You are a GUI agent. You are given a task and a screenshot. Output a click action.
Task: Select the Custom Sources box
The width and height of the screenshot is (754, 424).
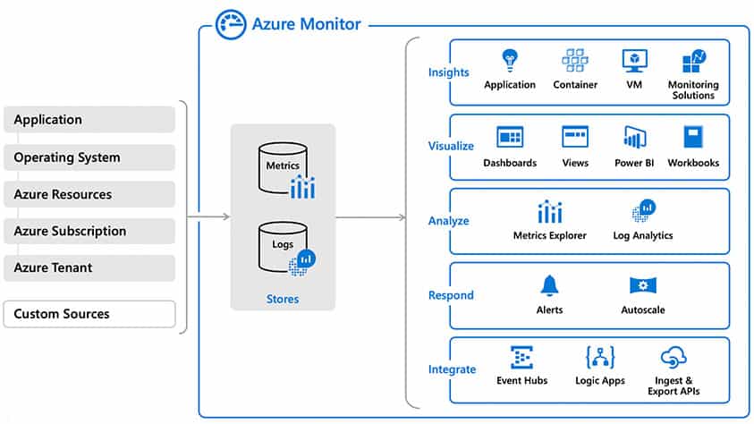[x=89, y=314]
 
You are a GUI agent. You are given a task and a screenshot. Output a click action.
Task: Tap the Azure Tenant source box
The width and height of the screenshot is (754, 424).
[x=89, y=267]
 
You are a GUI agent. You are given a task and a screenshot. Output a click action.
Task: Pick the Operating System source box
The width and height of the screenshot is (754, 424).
[x=89, y=157]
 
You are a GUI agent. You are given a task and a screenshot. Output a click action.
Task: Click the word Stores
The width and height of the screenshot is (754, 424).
[x=283, y=299]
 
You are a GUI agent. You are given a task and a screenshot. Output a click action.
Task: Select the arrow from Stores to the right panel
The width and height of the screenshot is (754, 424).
[x=370, y=217]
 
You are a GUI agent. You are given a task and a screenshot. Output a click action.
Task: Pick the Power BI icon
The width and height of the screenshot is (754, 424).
[x=635, y=138]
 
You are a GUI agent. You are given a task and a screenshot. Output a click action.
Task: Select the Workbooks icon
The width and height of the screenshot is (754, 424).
[x=694, y=137]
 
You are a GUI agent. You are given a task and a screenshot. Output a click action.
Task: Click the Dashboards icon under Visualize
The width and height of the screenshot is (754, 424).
[x=510, y=137]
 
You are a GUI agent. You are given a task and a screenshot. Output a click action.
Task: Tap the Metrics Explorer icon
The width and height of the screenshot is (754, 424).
[x=550, y=212]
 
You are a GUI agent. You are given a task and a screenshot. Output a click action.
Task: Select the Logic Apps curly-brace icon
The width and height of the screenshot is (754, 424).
[x=598, y=359]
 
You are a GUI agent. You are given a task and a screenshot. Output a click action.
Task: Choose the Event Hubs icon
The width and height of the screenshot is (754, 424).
[x=521, y=359]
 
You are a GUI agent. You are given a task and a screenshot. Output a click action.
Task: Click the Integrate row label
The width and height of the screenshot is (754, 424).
[x=452, y=369]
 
